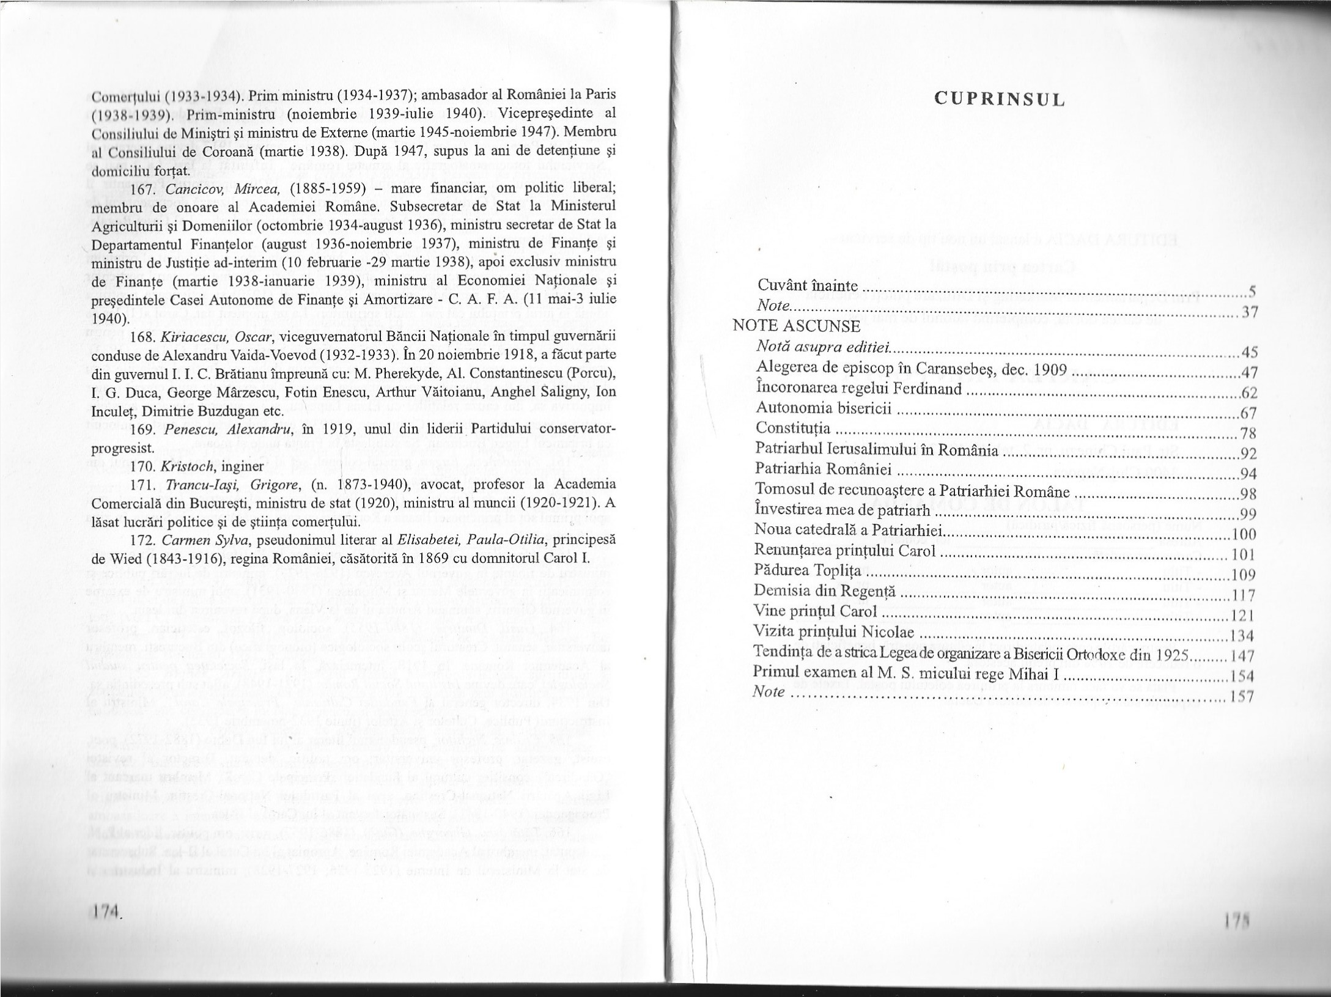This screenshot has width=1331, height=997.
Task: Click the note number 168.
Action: (141, 338)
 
